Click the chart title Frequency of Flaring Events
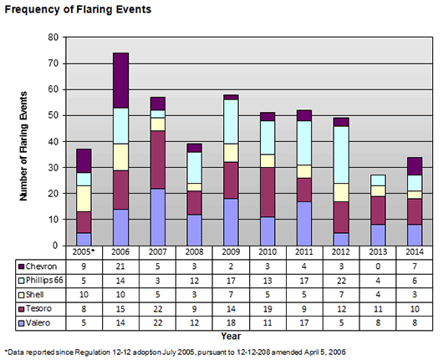[78, 9]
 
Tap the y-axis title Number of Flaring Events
[23, 146]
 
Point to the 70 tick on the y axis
[53, 63]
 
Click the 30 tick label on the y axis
[53, 167]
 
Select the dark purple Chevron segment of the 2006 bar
[120, 80]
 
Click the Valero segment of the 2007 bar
[158, 217]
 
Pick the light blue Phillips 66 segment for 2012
[341, 155]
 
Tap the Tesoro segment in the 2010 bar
[267, 192]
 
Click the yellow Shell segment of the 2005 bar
[84, 199]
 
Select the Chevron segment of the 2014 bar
[415, 166]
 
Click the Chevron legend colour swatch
[21, 266]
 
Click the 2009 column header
[231, 252]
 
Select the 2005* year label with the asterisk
[84, 252]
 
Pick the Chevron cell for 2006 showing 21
[120, 266]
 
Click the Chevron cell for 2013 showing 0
[378, 266]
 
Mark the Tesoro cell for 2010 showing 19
[267, 309]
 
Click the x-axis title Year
[231, 336]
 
